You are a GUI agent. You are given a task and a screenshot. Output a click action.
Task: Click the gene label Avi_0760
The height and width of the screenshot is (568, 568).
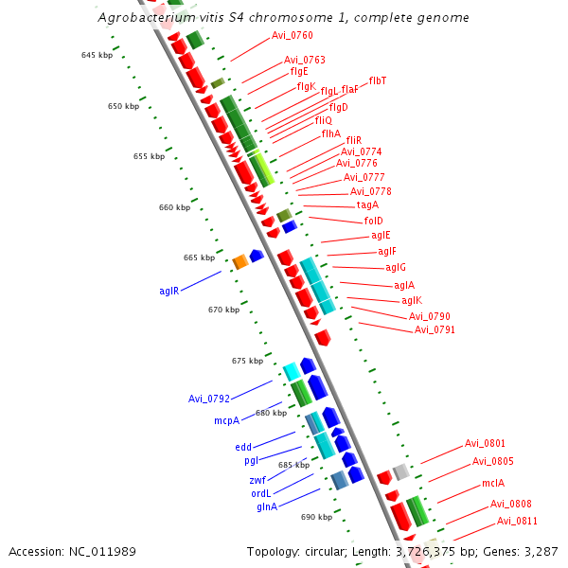coord(292,36)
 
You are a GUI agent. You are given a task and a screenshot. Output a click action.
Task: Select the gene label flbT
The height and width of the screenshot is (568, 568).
coord(377,81)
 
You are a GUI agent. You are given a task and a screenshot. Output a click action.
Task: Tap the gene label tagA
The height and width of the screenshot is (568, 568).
coord(367,205)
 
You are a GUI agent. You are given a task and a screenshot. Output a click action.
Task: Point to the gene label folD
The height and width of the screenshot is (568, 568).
coord(373,221)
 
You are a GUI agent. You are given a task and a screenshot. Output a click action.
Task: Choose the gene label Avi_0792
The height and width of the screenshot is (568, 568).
coord(208,399)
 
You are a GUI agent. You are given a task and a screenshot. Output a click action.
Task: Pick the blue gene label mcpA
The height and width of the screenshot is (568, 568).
coord(226,420)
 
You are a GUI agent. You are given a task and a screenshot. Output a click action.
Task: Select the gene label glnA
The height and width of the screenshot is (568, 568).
coord(267,506)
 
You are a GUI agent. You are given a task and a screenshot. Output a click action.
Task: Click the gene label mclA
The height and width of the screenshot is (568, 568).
coord(493,483)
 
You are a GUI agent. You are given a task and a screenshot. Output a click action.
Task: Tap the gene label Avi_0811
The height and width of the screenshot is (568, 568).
coord(517,521)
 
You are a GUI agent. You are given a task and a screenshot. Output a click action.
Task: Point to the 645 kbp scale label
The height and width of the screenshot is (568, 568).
coord(97,56)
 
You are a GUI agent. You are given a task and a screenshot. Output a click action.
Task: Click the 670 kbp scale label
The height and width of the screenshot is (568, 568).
coord(223,310)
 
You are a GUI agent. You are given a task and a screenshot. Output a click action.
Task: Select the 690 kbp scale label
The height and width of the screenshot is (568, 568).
coord(316,517)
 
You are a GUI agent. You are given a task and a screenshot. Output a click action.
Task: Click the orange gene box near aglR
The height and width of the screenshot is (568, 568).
coord(240,261)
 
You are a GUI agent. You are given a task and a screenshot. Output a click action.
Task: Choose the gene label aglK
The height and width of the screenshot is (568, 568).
coord(412,300)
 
